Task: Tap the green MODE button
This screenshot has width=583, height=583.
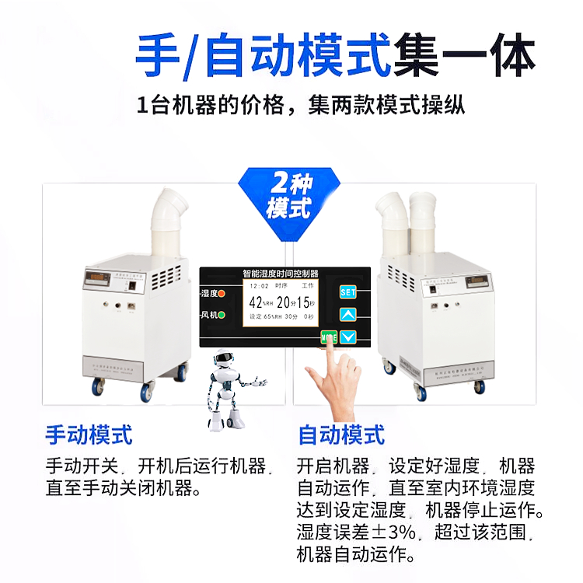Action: point(329,338)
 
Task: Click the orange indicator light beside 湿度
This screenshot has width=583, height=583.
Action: point(222,293)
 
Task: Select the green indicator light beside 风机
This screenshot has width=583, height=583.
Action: point(222,316)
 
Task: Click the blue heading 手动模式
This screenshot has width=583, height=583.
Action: point(89,435)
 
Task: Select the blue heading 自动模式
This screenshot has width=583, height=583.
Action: point(341,435)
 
